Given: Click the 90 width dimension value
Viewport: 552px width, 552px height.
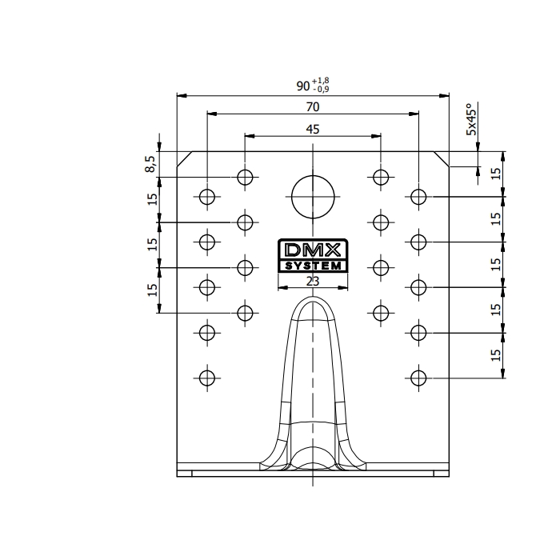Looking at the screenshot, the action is coord(302,86).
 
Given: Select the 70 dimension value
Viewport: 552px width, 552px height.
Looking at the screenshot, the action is coord(313,106).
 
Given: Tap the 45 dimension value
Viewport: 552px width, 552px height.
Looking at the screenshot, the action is coord(313,129).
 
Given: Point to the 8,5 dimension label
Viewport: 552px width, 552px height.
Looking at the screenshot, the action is coord(150,164).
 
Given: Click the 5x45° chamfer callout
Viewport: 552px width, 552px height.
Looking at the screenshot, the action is coord(471,119).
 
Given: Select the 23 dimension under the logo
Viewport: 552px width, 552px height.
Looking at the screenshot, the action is coord(313,282).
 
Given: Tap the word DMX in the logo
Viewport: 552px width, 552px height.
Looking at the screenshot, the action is coord(313,250).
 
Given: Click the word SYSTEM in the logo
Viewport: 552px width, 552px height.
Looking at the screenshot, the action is coord(313,266).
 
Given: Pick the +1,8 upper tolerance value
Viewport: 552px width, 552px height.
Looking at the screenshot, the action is coord(320,82).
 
